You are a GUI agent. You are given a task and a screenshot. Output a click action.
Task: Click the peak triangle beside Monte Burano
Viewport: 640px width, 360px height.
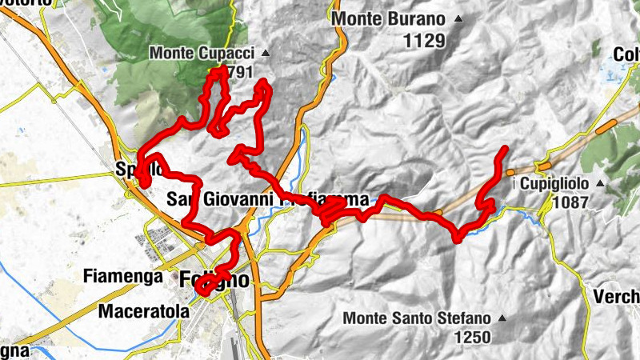[x=458, y=18]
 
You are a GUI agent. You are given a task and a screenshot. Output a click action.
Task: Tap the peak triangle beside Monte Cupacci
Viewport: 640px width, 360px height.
[x=266, y=54]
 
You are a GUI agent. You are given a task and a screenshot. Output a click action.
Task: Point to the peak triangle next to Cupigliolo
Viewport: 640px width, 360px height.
[x=600, y=183]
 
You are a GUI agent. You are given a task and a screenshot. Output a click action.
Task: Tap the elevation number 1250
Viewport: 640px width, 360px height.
[x=471, y=338]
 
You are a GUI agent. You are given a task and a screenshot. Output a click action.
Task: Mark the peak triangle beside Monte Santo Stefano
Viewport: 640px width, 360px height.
[x=502, y=318]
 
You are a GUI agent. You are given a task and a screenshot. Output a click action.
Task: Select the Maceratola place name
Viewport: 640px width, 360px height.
[x=144, y=311]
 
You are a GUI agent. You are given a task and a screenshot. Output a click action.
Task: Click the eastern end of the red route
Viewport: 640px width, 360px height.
[x=505, y=149]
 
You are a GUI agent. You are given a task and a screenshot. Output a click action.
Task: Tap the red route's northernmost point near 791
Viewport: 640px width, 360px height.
[x=216, y=71]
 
